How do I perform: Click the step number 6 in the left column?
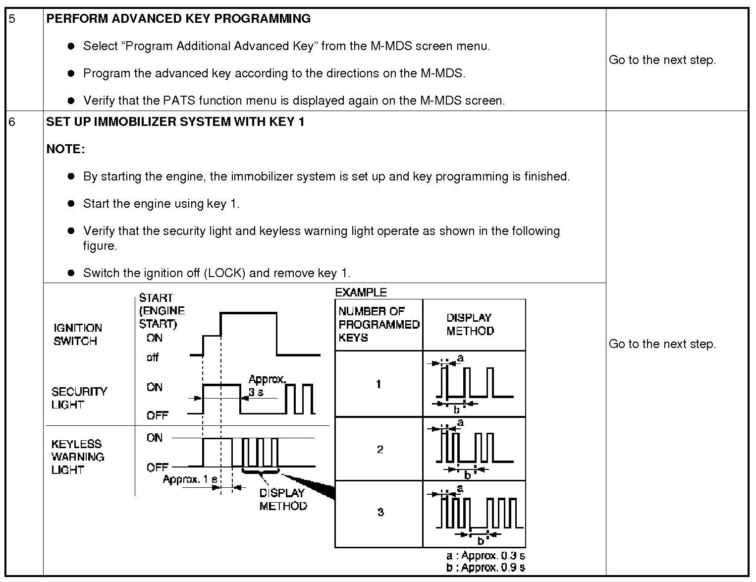point(12,122)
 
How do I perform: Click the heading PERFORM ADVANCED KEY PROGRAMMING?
point(178,19)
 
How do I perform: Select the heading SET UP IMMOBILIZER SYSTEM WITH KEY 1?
point(175,121)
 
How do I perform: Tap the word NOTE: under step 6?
point(65,149)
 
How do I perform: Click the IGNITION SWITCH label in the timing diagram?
point(78,334)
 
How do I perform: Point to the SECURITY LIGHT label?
point(79,398)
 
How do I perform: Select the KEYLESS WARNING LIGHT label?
point(78,457)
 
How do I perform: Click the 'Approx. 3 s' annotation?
point(267,386)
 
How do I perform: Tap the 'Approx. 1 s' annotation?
point(190,480)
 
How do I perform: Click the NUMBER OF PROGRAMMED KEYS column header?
point(378,324)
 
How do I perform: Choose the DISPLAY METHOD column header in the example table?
point(470,324)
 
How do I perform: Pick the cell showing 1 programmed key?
point(378,384)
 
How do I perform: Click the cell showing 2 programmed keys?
point(379,449)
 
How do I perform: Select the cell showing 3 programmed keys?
point(380,512)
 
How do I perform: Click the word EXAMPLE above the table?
point(361,292)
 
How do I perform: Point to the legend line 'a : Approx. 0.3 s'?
point(486,556)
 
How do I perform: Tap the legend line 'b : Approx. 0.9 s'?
point(486,568)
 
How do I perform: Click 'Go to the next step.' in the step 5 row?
point(662,60)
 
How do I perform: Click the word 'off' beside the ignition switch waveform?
point(153,357)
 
